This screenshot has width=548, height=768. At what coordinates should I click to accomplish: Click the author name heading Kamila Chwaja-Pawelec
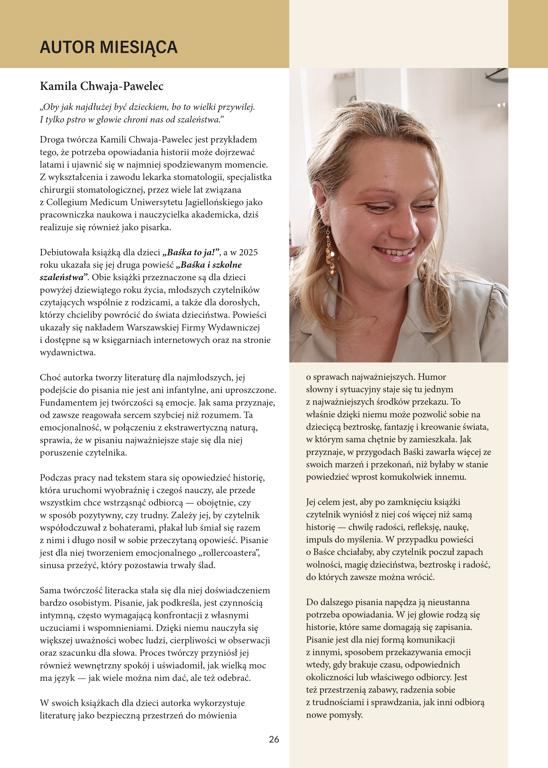[102, 86]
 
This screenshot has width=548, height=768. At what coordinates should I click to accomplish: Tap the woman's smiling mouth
[394, 252]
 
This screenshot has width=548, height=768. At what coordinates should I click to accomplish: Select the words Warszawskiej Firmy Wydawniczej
[193, 327]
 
